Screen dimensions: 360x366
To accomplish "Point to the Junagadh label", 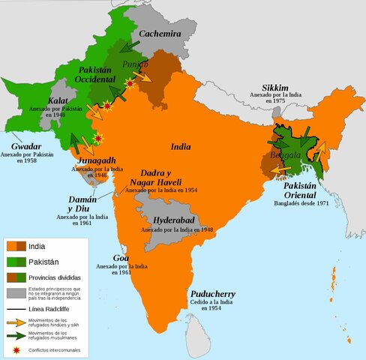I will click(x=94, y=160).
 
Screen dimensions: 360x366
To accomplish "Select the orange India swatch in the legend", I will click(x=15, y=246).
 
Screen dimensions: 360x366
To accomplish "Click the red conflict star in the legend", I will click(x=15, y=347).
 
